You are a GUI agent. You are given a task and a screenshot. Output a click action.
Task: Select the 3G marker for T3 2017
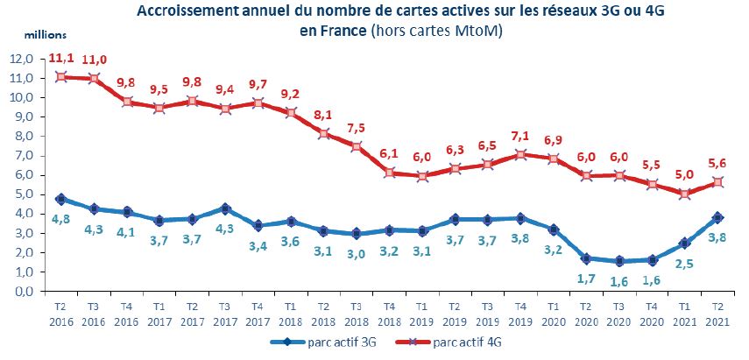226,208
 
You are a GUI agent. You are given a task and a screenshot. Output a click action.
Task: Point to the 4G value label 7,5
357,127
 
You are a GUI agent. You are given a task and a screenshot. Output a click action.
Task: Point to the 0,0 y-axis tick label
24,291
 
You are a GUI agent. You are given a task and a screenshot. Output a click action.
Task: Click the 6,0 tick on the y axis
24,174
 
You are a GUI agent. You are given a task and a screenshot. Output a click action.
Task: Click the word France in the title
345,32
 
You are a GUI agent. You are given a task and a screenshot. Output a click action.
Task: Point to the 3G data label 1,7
584,278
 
